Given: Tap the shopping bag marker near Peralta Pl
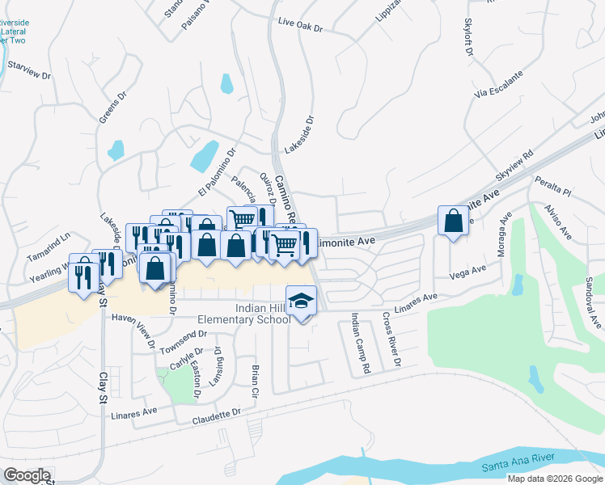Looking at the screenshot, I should point(453,220).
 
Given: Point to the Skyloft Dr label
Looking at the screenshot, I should point(468,38).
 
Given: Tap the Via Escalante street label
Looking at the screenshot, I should point(499,84).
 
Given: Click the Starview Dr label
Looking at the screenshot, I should point(28,70).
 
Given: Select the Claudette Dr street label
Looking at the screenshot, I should point(217,416).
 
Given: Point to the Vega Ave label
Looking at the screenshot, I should point(467,272).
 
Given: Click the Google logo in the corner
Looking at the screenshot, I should point(27,474).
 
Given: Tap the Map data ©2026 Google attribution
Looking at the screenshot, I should point(554,479).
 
